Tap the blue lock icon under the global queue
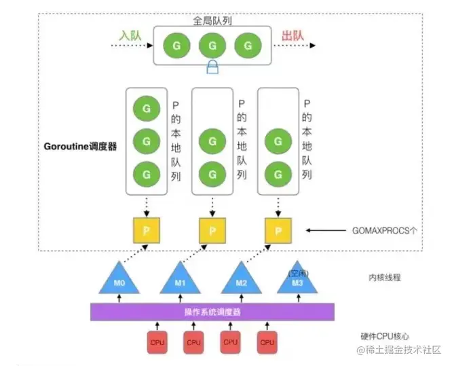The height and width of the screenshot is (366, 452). pos(212,67)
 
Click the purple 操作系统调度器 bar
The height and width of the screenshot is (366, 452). pos(212,312)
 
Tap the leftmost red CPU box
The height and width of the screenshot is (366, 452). pos(157,342)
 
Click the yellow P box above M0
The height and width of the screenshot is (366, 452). pos(146,232)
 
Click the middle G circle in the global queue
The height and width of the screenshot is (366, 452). pos(212,45)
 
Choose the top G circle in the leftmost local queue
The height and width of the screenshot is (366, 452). pos(146,109)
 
